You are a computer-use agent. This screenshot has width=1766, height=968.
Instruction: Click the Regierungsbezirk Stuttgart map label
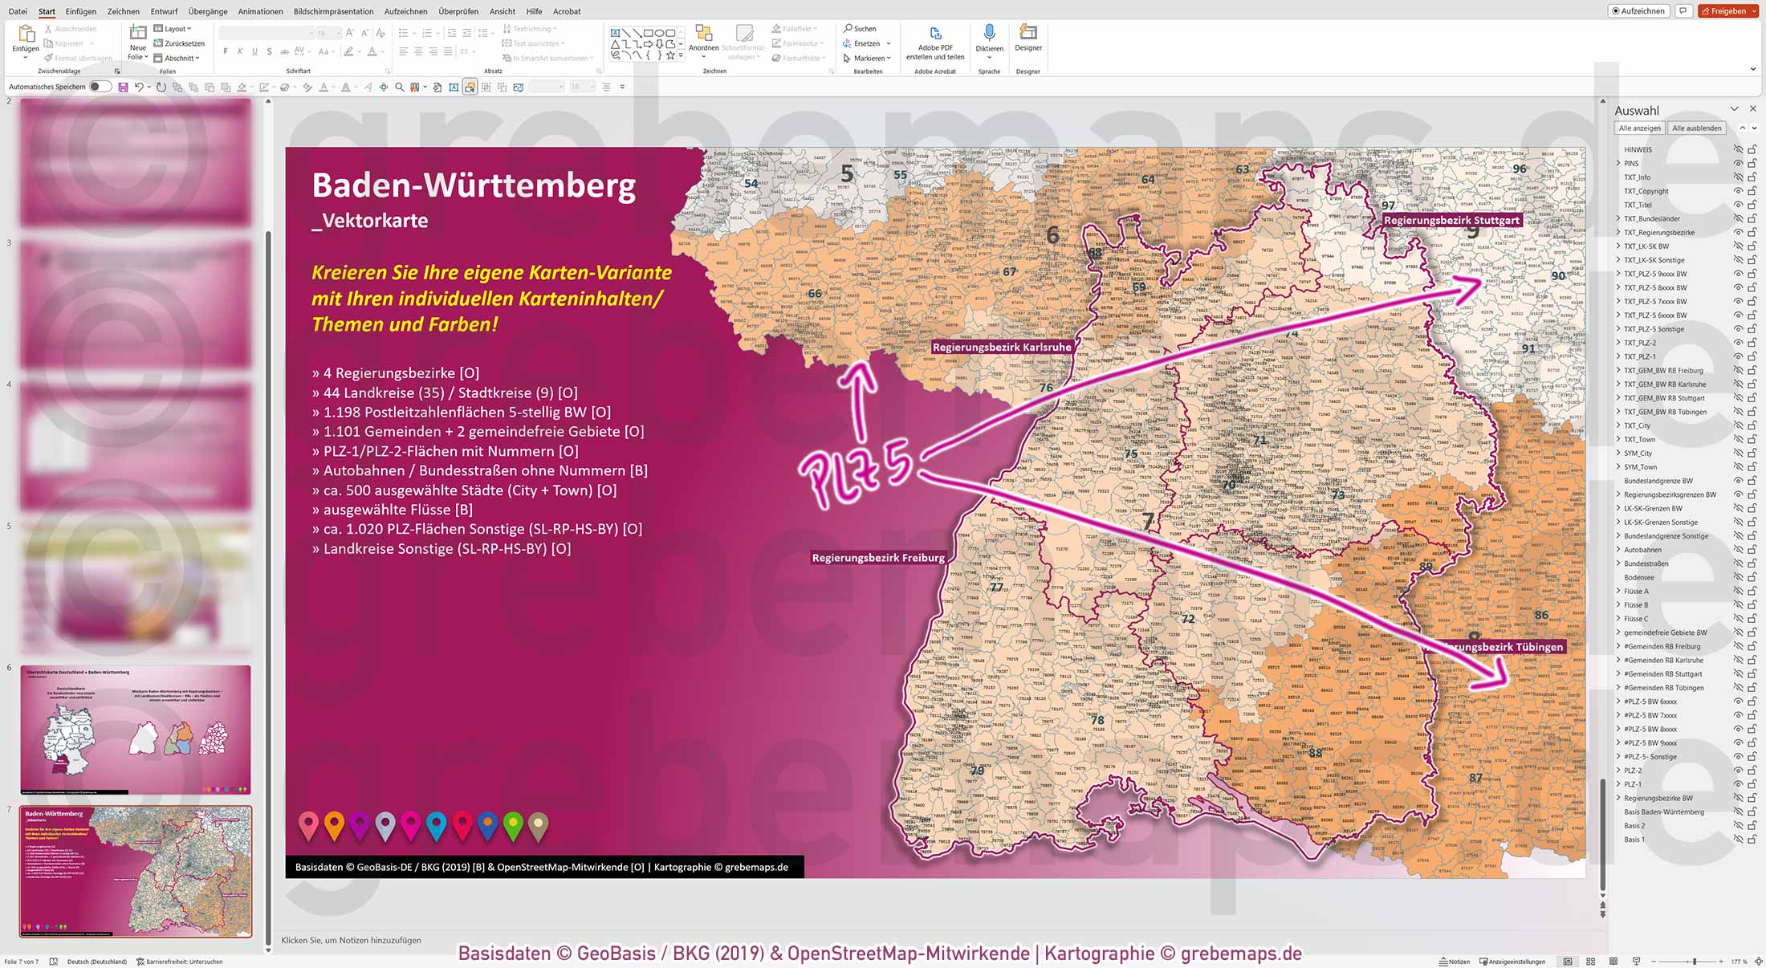click(x=1451, y=220)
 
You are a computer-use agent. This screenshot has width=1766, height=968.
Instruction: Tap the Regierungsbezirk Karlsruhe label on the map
click(x=1001, y=348)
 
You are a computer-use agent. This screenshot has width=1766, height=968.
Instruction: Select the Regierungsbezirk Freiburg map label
click(x=878, y=558)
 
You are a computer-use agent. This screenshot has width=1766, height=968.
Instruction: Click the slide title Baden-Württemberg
click(x=474, y=185)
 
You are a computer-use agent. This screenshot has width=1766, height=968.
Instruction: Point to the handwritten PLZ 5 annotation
click(x=856, y=474)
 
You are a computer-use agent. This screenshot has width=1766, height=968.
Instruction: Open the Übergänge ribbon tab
click(x=208, y=11)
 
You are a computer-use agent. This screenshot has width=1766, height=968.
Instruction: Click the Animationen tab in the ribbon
click(x=260, y=11)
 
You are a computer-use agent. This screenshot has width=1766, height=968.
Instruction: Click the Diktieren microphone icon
click(x=989, y=34)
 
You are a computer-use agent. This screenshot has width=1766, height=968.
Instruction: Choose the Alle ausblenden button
click(x=1696, y=128)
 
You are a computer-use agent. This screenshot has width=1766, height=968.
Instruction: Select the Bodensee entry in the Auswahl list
click(x=1638, y=578)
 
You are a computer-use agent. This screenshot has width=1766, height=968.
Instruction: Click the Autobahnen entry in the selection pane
click(x=1642, y=550)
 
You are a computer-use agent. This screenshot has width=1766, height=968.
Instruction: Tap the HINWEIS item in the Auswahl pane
click(x=1638, y=150)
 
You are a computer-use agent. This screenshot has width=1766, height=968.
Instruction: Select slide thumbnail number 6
click(x=136, y=729)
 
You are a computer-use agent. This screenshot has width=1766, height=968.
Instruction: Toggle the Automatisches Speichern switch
click(x=100, y=87)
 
